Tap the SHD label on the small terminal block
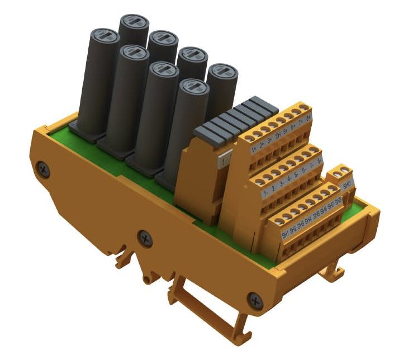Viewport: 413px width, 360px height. coord(346,184)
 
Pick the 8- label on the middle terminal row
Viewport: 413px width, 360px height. coord(319,159)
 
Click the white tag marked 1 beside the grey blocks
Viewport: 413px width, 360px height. coord(224,161)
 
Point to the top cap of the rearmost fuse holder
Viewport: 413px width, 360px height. coord(134,22)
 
